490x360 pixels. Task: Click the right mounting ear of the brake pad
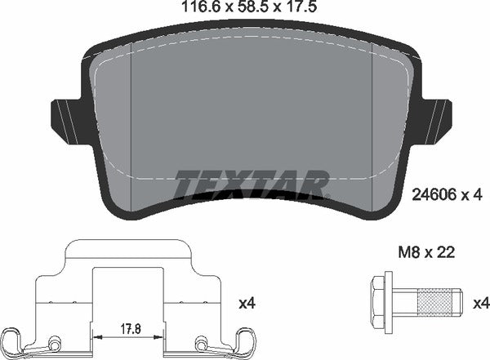(438, 116)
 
